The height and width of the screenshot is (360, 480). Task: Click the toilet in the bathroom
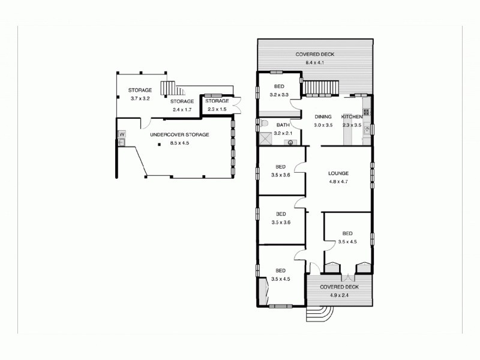(265, 124)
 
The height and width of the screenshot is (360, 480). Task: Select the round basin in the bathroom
(290, 143)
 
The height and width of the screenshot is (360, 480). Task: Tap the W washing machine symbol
(121, 134)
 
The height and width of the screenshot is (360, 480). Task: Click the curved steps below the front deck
(322, 312)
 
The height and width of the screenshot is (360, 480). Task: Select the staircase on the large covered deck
(319, 88)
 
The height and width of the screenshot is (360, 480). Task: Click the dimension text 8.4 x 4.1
(314, 62)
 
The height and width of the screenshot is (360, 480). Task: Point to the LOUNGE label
(338, 173)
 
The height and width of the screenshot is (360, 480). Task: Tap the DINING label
(323, 116)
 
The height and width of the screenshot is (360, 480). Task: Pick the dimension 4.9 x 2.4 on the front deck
(339, 295)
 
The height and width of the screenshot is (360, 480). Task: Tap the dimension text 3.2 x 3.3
(280, 95)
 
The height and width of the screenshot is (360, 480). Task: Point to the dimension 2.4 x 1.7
(182, 110)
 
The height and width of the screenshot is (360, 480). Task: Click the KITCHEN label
(352, 116)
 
